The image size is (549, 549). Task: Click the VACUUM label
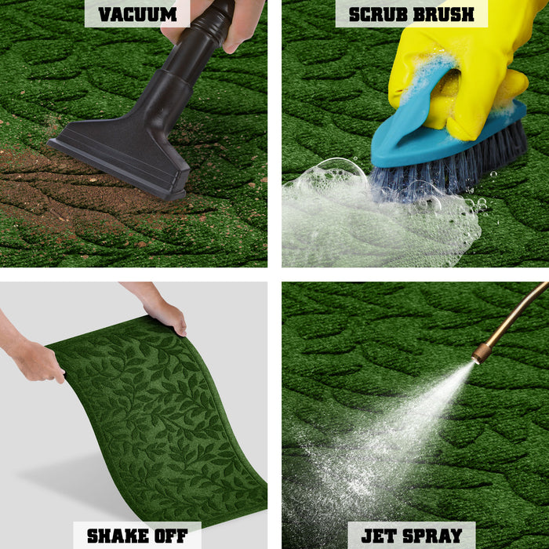click(x=137, y=14)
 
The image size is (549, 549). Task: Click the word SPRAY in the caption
click(x=431, y=536)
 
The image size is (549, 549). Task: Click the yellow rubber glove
click(x=471, y=71)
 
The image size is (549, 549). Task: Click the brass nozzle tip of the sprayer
click(x=482, y=353)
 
